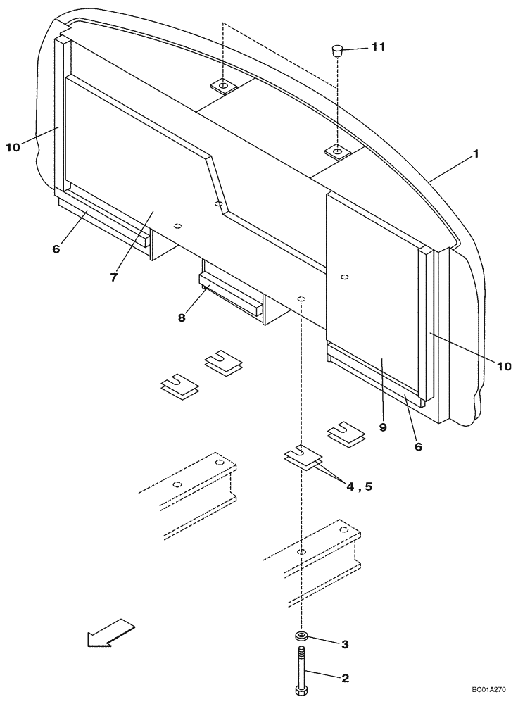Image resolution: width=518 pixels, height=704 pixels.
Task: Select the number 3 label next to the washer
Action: point(345,643)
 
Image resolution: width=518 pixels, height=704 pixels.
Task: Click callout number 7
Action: point(113,277)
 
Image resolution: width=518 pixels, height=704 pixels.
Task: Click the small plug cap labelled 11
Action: point(338,50)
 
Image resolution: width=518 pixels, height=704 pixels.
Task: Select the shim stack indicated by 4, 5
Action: point(302,458)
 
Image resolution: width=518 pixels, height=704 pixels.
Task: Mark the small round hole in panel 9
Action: point(345,276)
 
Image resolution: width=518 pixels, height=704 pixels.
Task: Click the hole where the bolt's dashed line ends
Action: point(301,298)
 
